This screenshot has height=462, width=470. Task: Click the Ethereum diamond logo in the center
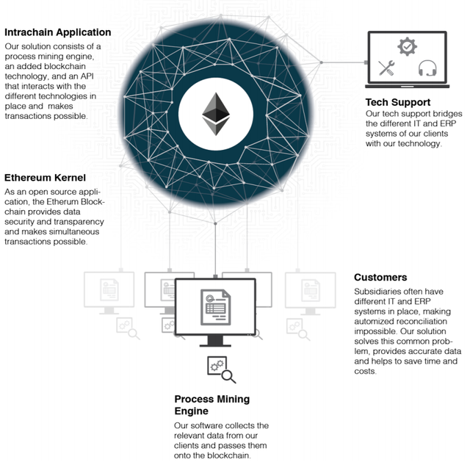(215, 115)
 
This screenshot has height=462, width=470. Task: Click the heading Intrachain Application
(58, 32)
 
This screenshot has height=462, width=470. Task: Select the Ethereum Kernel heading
(45, 178)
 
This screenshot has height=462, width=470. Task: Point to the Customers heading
(380, 278)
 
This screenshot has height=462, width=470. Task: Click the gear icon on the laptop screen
(407, 48)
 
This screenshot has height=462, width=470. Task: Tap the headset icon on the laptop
(427, 69)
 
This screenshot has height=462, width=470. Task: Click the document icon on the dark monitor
(215, 307)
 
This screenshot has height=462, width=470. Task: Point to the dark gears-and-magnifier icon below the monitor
(221, 369)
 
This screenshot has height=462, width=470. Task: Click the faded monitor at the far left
(109, 289)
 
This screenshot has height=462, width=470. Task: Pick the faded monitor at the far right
(311, 289)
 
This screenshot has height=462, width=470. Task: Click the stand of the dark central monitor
(215, 341)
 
